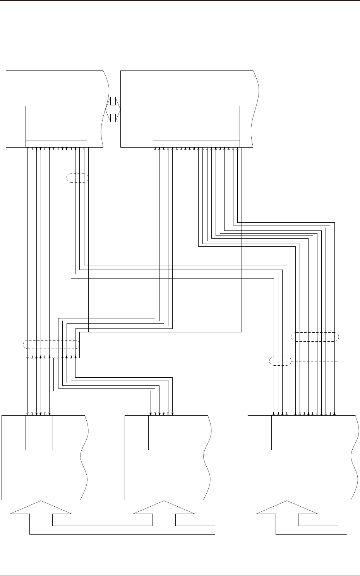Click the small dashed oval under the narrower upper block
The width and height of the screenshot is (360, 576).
tap(77, 178)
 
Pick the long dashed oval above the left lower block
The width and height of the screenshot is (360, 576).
tap(51, 344)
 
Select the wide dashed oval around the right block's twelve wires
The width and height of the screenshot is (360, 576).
tap(314, 337)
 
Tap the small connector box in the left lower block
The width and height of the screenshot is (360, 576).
tap(39, 437)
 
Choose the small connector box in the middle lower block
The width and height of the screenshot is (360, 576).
tap(162, 437)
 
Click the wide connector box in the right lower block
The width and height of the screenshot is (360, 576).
tap(304, 437)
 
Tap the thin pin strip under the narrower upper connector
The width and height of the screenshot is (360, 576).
tap(56, 144)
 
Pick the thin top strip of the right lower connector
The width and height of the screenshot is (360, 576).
tap(304, 420)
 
